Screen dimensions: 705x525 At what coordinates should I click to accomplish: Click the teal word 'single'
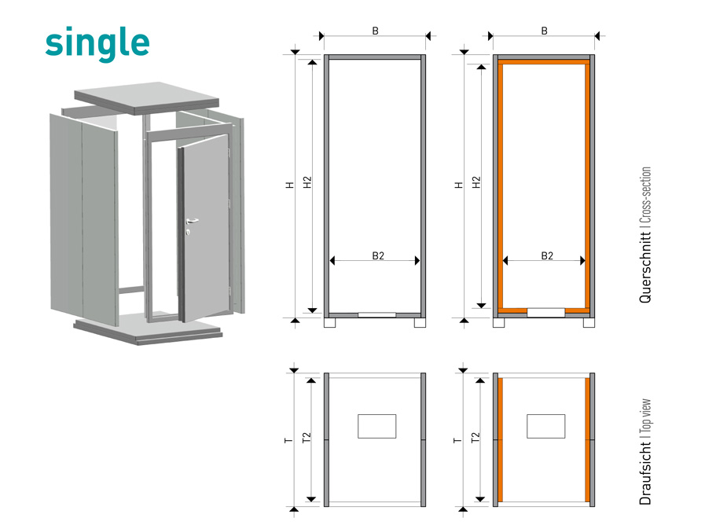[x=97, y=42]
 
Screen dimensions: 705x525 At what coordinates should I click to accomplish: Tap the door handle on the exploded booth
[x=192, y=221]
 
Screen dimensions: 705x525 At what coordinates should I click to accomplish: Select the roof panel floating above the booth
[x=146, y=97]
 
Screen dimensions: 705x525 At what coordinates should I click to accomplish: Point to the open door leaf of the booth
[x=204, y=229]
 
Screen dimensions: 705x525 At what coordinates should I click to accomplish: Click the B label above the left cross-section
[x=376, y=31]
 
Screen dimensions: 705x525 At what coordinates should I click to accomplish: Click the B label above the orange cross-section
[x=545, y=31]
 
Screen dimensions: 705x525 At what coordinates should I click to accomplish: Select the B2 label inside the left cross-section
[x=378, y=255]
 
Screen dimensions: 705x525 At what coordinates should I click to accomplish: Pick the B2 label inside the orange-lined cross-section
[x=547, y=255]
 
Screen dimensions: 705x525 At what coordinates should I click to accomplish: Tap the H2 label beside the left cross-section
[x=307, y=182]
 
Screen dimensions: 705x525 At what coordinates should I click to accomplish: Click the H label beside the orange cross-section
[x=459, y=185]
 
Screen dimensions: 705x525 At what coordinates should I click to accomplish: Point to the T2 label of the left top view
[x=307, y=438]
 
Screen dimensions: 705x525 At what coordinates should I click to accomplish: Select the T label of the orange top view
[x=457, y=440]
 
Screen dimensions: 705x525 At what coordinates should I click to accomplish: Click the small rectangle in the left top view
[x=376, y=426]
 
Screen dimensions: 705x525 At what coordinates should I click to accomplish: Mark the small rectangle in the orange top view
[x=545, y=426]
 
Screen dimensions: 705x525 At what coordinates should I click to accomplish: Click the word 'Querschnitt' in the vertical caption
[x=645, y=267]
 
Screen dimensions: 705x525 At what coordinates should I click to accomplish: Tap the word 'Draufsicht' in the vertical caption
[x=645, y=473]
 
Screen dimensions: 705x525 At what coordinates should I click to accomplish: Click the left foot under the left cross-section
[x=329, y=323]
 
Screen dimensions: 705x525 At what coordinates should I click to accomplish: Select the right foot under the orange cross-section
[x=589, y=323]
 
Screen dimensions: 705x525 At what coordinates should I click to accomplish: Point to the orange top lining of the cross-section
[x=544, y=62]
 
